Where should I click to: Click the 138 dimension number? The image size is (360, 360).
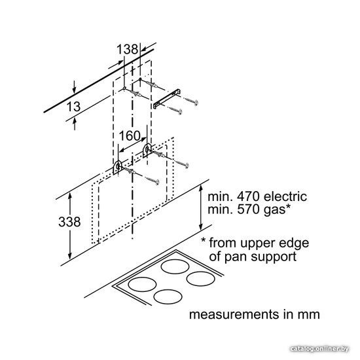(x=128, y=49)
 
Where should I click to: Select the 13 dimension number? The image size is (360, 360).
(x=73, y=107)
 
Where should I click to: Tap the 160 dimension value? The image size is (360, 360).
(x=130, y=135)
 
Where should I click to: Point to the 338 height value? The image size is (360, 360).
(x=69, y=222)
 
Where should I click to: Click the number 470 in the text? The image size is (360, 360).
(x=248, y=196)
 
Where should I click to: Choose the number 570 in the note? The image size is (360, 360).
(x=248, y=209)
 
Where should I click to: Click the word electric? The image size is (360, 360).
(x=285, y=196)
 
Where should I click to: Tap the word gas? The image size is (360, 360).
(x=274, y=211)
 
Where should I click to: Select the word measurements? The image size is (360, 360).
(x=234, y=314)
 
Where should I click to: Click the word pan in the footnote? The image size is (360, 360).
(x=236, y=258)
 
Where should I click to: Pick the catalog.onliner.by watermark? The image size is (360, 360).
(x=319, y=350)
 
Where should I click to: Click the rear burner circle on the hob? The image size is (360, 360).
(x=175, y=266)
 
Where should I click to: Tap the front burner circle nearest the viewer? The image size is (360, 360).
(x=168, y=297)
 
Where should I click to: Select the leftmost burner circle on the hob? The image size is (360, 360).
(x=142, y=284)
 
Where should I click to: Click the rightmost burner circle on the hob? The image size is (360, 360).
(x=201, y=279)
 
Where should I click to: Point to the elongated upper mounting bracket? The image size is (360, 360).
(x=167, y=98)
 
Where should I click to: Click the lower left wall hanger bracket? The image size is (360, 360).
(x=117, y=168)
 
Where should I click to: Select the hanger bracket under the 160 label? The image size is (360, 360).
(x=147, y=150)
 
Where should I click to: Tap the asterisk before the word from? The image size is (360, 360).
(x=204, y=240)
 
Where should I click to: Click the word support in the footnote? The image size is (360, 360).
(x=274, y=258)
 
